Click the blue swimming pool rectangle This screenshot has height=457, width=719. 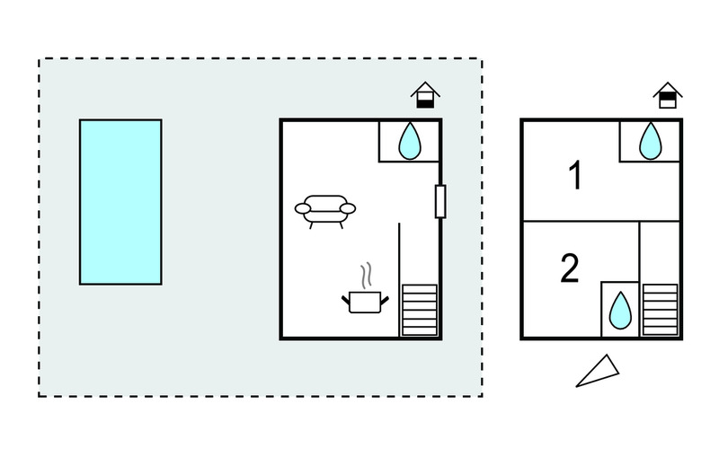[120, 202]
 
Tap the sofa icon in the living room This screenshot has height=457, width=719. [325, 212]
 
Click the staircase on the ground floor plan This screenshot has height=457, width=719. [420, 310]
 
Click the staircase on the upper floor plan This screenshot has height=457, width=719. [661, 310]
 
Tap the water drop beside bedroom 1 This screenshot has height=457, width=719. [650, 141]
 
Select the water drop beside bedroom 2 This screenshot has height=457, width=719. [620, 311]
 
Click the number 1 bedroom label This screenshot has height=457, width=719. [575, 174]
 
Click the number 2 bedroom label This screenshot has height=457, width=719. [570, 268]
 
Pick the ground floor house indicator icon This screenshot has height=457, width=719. [425, 95]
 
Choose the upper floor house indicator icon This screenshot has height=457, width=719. [668, 95]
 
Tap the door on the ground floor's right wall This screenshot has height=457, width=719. [440, 201]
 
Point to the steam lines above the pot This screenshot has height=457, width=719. [366, 276]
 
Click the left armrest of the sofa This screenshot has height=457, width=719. [303, 209]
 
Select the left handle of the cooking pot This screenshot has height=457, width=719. [345, 301]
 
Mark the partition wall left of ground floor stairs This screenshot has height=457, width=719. [399, 280]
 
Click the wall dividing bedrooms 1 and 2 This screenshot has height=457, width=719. [601, 221]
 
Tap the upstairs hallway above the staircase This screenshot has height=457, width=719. [660, 252]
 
